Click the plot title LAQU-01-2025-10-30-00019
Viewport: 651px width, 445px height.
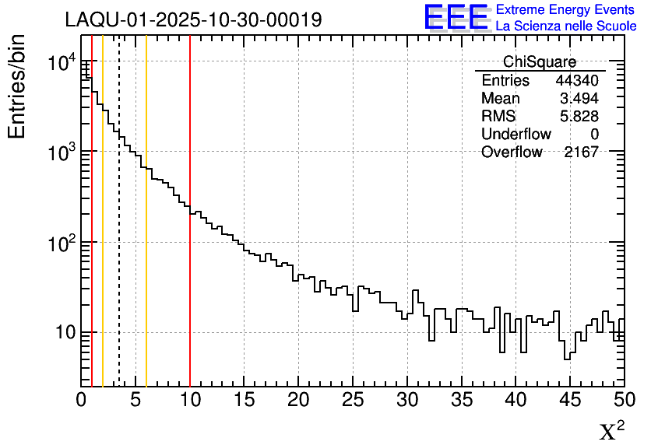[193, 20]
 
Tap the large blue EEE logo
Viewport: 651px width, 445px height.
[456, 17]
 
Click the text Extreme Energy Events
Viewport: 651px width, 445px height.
[565, 10]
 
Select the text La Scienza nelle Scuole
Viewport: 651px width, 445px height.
[565, 26]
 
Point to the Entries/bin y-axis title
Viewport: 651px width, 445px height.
[17, 86]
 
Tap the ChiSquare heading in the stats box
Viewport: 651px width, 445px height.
[540, 62]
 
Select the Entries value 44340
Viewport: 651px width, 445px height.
[577, 81]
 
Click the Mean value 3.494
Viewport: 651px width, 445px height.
[579, 99]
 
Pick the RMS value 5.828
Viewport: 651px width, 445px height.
[579, 117]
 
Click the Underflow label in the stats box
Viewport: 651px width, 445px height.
[516, 135]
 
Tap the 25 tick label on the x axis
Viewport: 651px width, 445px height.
[354, 401]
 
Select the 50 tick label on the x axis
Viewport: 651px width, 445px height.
[623, 401]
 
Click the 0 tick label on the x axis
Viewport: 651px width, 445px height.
[82, 401]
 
